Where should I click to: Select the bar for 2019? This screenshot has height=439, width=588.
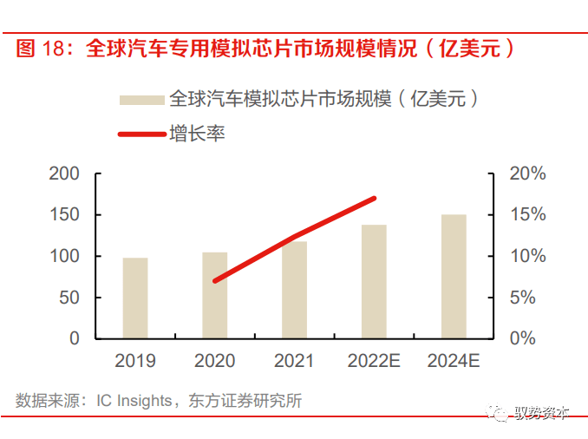pos(134,298)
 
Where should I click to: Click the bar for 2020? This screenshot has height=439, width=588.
pos(214,295)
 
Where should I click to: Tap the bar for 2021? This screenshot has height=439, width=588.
pos(294,290)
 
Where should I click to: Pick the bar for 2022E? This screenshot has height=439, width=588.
pos(374,281)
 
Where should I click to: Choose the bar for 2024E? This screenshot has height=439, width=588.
pos(454,276)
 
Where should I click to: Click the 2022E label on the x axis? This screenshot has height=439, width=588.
pos(374,361)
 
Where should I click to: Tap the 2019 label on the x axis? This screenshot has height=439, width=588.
pos(134,361)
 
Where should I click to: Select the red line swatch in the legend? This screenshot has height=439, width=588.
pos(141,134)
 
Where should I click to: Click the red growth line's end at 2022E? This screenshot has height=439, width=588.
pos(374,199)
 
